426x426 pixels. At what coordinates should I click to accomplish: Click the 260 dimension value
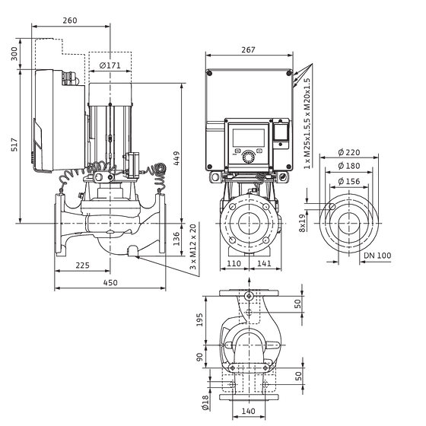coord(70,21)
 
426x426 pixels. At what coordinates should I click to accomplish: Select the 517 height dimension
coord(14,145)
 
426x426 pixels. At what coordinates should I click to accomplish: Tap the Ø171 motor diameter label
coord(110,65)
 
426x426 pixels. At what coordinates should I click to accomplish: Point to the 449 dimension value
coord(176,158)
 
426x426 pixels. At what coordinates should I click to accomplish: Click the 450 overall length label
coord(110,282)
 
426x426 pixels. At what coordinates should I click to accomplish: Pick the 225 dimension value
coord(82,265)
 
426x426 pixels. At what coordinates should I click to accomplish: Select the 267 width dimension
coord(248,49)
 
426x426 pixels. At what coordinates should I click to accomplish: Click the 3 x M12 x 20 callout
coord(193,246)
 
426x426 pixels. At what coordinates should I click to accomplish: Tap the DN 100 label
coord(377,256)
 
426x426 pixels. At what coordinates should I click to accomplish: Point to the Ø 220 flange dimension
coord(349,152)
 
